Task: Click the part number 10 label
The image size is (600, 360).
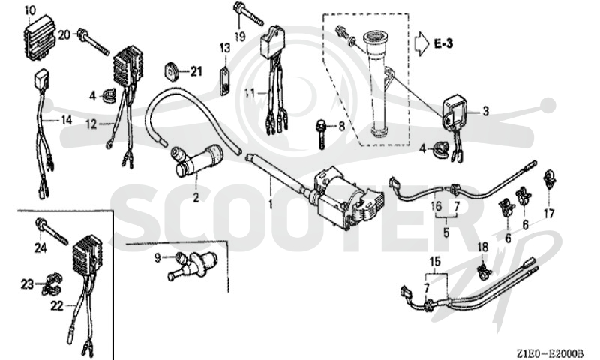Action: point(30,10)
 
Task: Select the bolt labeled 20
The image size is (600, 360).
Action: point(93,41)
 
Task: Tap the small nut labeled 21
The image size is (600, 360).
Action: point(172,72)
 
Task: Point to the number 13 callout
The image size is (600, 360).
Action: point(225,49)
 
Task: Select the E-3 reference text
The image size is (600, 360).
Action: point(443,43)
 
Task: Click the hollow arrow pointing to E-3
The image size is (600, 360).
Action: point(422,44)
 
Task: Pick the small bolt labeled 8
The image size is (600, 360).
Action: point(321,134)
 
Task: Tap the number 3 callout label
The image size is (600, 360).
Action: point(485,111)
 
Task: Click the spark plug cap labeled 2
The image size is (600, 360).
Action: point(196,160)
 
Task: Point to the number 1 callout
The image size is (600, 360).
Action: point(271,205)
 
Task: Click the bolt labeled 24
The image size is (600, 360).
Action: point(51,231)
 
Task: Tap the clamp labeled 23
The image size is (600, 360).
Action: point(52,285)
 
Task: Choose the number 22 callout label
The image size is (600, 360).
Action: point(57,306)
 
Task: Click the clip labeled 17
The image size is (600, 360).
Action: point(549,180)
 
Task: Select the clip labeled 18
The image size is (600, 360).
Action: point(483,270)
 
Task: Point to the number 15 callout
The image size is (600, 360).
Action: point(435,262)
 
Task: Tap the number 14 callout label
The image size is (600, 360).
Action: point(67,121)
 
